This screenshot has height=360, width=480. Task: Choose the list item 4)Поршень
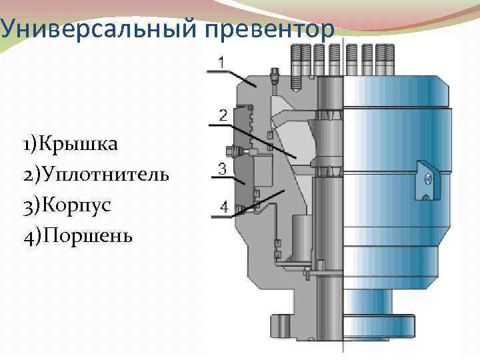[x=77, y=235]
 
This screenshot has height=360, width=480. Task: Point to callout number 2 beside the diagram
[x=223, y=114]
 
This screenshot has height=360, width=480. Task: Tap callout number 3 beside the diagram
[x=223, y=169]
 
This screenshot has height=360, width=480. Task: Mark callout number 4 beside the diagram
[x=223, y=207]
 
